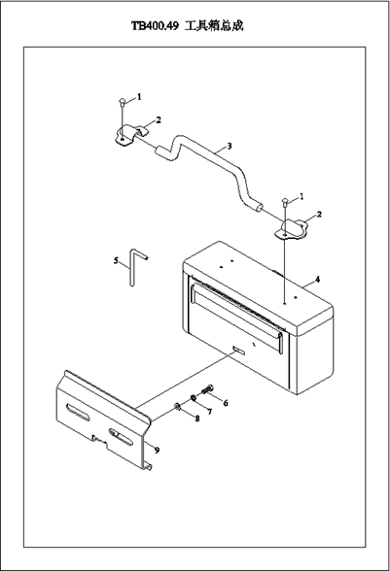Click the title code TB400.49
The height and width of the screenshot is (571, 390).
155,26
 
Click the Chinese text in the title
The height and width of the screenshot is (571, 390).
214,26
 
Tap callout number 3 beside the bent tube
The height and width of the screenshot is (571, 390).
230,146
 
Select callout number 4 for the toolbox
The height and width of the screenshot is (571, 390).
317,280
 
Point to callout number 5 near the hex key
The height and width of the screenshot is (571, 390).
116,260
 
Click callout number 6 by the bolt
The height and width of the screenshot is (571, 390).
226,403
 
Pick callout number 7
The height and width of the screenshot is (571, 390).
209,412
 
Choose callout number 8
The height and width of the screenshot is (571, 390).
197,419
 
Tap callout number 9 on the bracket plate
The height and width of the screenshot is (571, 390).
157,451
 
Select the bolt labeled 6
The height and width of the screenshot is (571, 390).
207,389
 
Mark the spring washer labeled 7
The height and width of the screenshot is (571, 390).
194,398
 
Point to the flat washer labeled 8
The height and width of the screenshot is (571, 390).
177,406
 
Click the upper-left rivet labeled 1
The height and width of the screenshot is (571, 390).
122,102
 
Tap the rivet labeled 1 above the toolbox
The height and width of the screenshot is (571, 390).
285,201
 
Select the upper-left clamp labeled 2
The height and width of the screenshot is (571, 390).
130,135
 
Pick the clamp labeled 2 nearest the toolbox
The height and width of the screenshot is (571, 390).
292,229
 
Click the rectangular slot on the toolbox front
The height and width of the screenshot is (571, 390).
239,351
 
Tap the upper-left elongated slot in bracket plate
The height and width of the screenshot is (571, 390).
78,412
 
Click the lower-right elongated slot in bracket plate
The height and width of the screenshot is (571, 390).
121,438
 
